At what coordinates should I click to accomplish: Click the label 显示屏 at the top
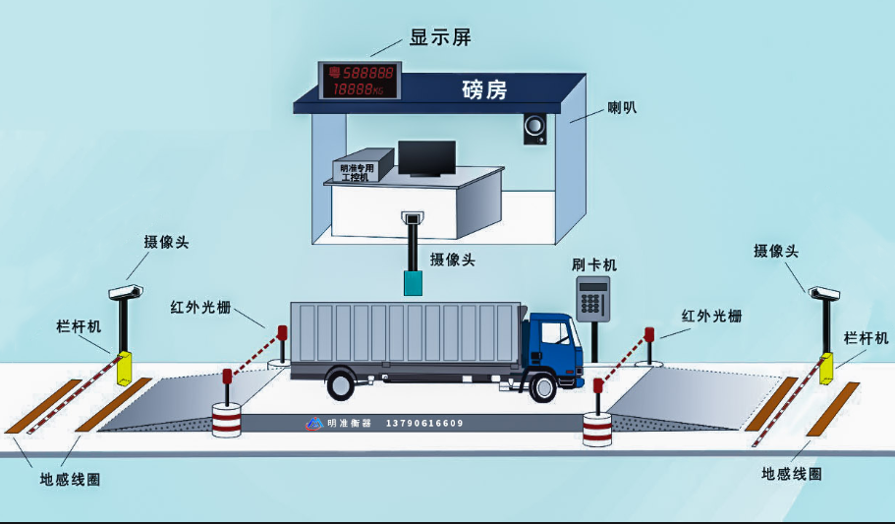pos(440,38)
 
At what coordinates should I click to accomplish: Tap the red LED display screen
pos(361,81)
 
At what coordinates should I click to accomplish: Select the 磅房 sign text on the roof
pos(484,90)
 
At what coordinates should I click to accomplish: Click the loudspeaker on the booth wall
pos(534,129)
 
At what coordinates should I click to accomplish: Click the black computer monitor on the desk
pos(426,157)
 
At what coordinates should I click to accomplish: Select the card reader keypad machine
pos(592,298)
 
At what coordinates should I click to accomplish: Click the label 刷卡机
pos(594,265)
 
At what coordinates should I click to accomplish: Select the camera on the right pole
pos(823,292)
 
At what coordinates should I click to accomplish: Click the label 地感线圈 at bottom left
pos(70,479)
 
